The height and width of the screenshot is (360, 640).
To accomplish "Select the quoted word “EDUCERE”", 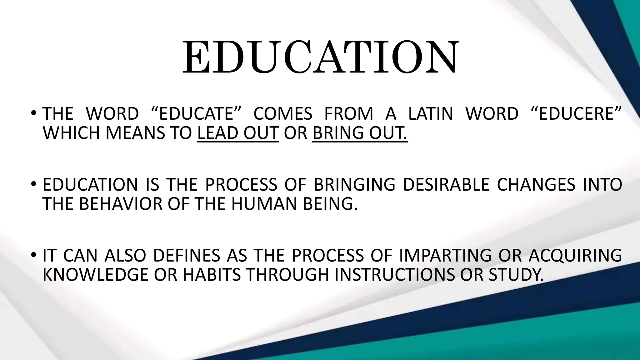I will [576, 113].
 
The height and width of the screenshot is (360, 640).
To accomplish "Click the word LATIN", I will [431, 113].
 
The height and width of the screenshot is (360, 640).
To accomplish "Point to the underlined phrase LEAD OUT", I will [238, 133].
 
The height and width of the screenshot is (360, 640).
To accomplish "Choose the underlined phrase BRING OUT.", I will [360, 133].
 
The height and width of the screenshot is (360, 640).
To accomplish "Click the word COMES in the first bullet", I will [283, 113].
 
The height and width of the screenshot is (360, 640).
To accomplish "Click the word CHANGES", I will [536, 184].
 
